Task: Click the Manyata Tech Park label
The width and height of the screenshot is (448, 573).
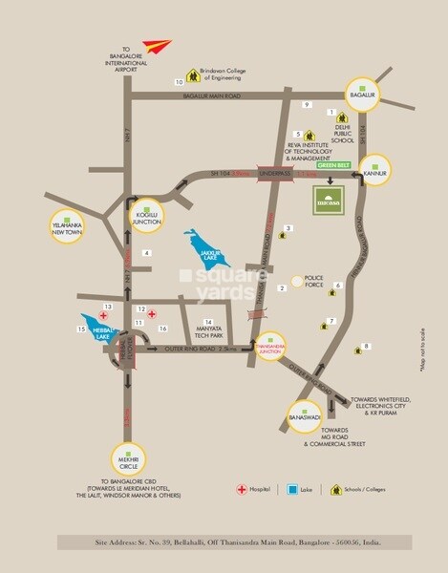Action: click(210, 330)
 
